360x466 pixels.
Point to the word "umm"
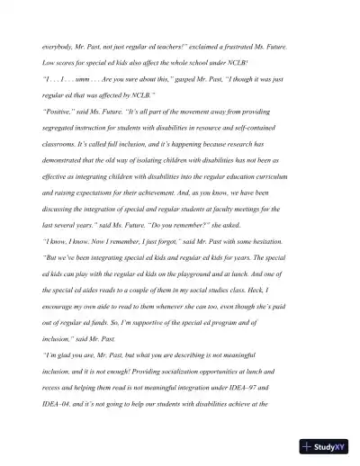coord(85,79)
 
